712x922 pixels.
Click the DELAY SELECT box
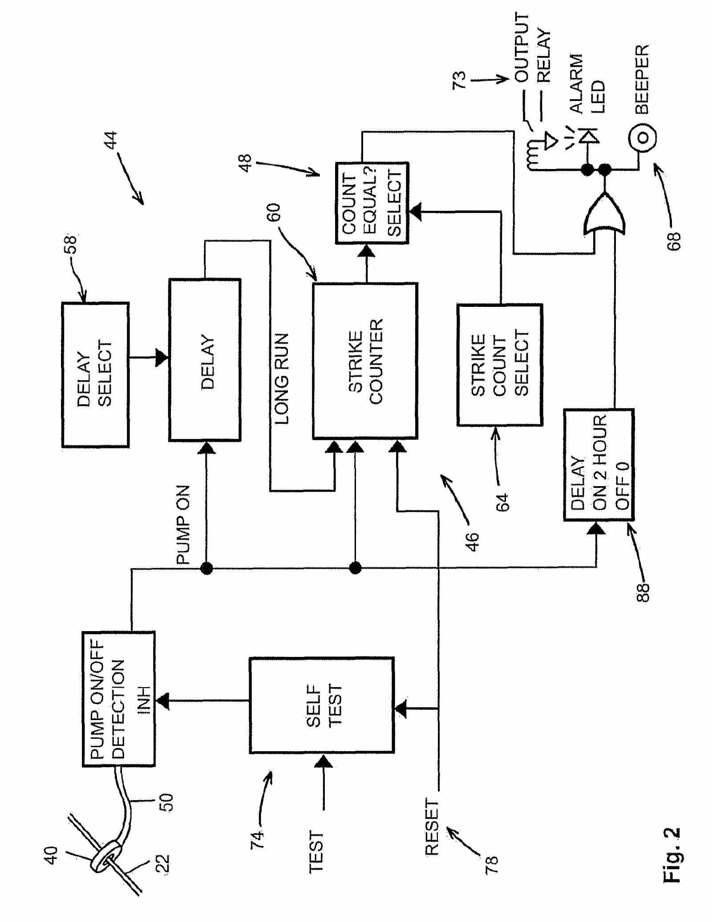pyautogui.click(x=95, y=374)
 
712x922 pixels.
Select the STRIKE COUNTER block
pyautogui.click(x=365, y=361)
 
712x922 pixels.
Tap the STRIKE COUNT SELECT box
pyautogui.click(x=499, y=365)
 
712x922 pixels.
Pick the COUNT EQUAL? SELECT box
pyautogui.click(x=372, y=203)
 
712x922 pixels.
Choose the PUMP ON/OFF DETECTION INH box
pyautogui.click(x=119, y=699)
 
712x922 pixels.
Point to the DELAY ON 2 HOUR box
pyautogui.click(x=599, y=464)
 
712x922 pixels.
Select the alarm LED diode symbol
pyautogui.click(x=588, y=136)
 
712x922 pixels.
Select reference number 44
pyautogui.click(x=110, y=140)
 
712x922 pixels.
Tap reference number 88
pyautogui.click(x=643, y=592)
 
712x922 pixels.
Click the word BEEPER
pyautogui.click(x=642, y=79)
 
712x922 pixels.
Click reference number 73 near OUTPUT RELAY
pyautogui.click(x=459, y=80)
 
